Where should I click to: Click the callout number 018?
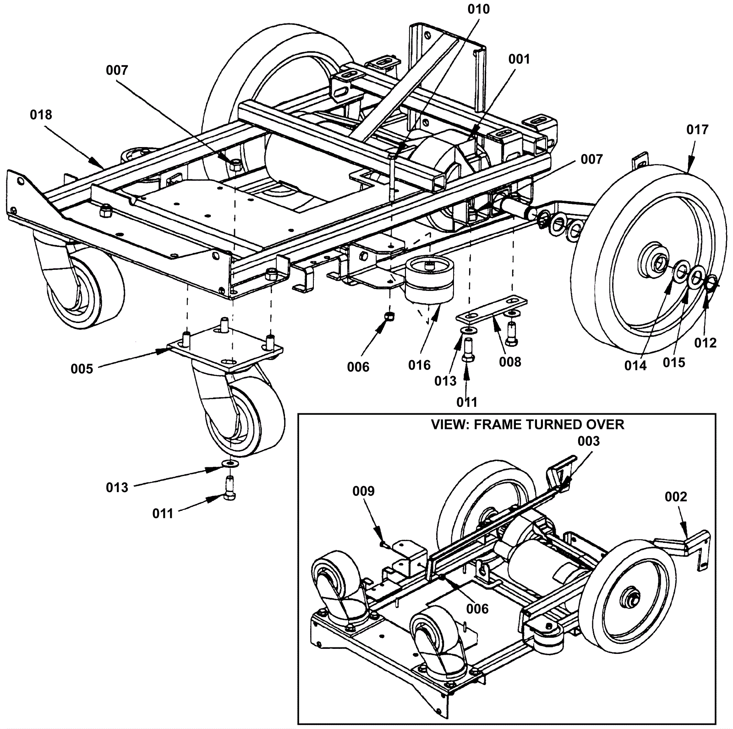(x=41, y=115)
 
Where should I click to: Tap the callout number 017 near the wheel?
(x=697, y=130)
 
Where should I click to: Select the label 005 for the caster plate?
(x=82, y=369)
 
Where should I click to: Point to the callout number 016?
(x=420, y=365)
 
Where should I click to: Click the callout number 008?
(x=510, y=362)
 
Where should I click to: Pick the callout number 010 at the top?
(x=478, y=9)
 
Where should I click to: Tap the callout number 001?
(x=519, y=59)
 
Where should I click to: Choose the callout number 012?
(x=706, y=343)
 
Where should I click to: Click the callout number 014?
(x=635, y=366)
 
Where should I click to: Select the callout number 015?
(x=674, y=362)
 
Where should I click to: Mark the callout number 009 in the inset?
(x=363, y=491)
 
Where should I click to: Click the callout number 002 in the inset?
(x=676, y=497)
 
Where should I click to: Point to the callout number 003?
(x=589, y=441)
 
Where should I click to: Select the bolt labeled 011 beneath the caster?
(x=230, y=488)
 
